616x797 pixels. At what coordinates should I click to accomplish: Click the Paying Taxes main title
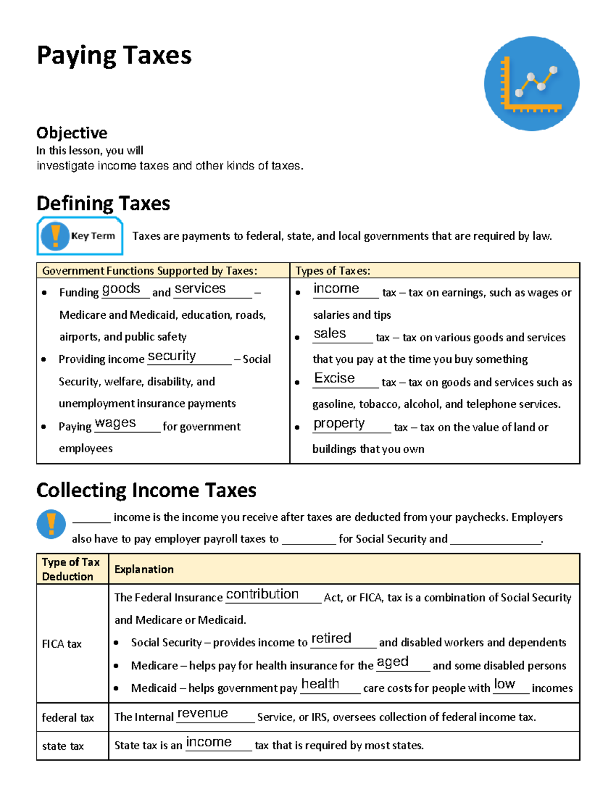pyautogui.click(x=114, y=55)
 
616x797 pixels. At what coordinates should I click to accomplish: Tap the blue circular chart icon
pyautogui.click(x=531, y=84)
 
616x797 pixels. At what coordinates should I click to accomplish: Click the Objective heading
pyautogui.click(x=72, y=133)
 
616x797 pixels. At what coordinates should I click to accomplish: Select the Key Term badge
pyautogui.click(x=80, y=236)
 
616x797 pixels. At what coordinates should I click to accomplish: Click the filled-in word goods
pyautogui.click(x=121, y=289)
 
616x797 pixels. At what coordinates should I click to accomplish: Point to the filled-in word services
pyautogui.click(x=200, y=289)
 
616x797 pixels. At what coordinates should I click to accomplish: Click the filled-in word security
pyautogui.click(x=171, y=356)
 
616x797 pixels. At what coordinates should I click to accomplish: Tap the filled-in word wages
pyautogui.click(x=115, y=423)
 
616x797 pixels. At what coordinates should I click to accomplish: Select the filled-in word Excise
pyautogui.click(x=334, y=378)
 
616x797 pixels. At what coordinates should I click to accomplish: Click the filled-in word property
pyautogui.click(x=339, y=423)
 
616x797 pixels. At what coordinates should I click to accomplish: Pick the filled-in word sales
pyautogui.click(x=330, y=334)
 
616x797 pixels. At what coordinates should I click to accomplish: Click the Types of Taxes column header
pyautogui.click(x=333, y=271)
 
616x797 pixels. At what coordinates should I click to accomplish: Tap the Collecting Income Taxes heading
pyautogui.click(x=146, y=490)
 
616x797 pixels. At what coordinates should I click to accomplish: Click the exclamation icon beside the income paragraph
pyautogui.click(x=51, y=524)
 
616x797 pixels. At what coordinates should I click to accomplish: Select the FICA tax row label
pyautogui.click(x=62, y=644)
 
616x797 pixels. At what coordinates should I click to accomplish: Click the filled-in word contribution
pyautogui.click(x=262, y=594)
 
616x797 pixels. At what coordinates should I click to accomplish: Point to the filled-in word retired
pyautogui.click(x=331, y=638)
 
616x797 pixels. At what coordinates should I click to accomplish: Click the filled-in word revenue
pyautogui.click(x=202, y=713)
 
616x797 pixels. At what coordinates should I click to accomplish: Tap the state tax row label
pyautogui.click(x=63, y=746)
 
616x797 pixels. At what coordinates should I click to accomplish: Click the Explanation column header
pyautogui.click(x=144, y=569)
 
